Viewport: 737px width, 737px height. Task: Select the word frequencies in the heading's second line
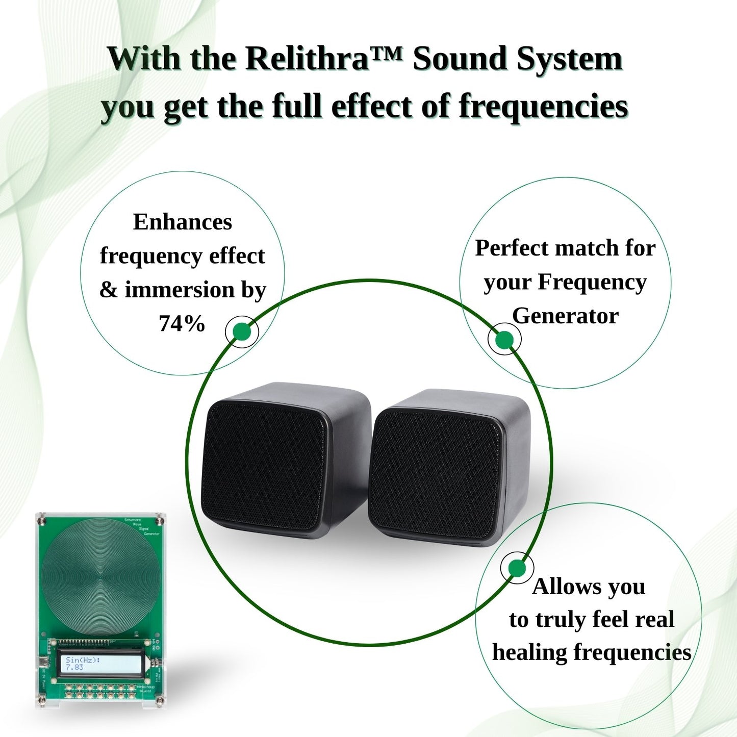(543, 107)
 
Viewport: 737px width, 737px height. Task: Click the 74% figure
(182, 323)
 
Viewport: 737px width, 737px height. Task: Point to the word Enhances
(183, 222)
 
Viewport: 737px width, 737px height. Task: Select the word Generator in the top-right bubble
(565, 316)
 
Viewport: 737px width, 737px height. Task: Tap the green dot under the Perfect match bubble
(504, 340)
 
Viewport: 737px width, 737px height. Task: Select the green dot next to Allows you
(517, 568)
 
